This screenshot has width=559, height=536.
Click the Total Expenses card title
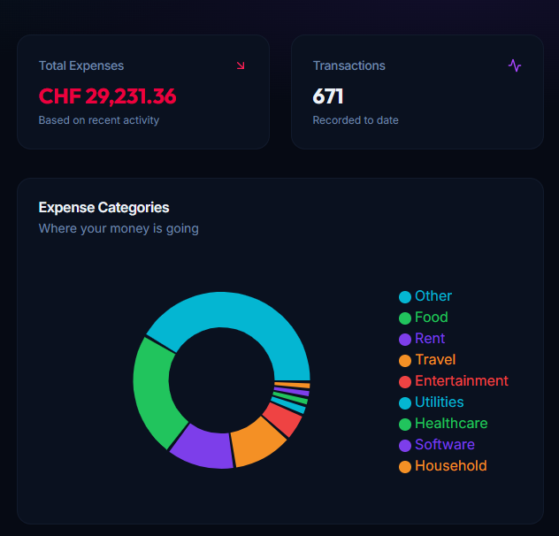tap(81, 65)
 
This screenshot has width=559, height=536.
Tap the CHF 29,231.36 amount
tap(107, 96)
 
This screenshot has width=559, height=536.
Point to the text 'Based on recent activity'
tap(99, 120)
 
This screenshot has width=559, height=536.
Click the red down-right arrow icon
tap(241, 65)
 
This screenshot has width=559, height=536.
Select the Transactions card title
tap(349, 65)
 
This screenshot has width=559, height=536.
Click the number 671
tap(328, 96)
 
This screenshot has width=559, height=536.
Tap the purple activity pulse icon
tap(515, 65)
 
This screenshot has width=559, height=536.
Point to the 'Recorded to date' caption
tap(356, 120)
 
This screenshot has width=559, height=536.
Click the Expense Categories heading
tap(103, 207)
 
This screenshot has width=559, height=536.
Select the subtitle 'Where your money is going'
tap(119, 228)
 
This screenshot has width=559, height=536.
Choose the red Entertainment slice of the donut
tap(282, 417)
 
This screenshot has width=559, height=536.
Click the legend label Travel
tap(435, 359)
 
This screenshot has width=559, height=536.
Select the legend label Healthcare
tap(451, 423)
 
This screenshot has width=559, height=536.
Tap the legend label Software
tap(445, 444)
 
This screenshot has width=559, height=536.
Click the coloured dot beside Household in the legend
tap(405, 466)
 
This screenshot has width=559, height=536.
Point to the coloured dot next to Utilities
tap(405, 402)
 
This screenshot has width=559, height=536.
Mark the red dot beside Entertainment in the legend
tap(405, 381)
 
